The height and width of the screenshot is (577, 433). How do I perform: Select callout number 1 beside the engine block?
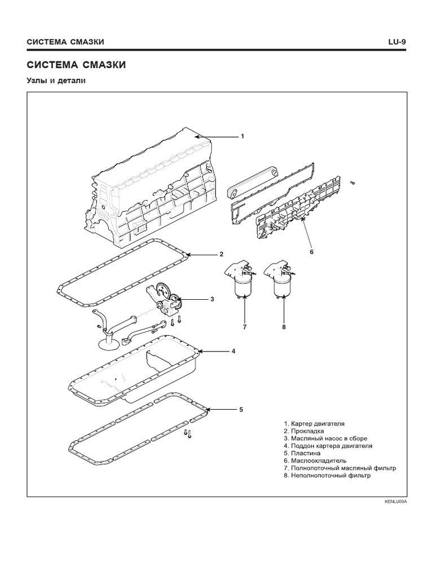coord(242,136)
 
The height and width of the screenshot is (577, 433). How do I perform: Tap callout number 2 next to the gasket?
coord(222,254)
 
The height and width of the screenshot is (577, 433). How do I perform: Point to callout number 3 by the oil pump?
coord(212,299)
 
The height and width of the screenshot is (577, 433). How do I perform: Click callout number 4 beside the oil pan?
coord(233,350)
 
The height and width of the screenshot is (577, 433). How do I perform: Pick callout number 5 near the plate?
coord(241,410)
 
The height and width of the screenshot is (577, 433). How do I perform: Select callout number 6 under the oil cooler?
coord(311,252)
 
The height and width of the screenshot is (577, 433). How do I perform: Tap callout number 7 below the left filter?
coord(245,326)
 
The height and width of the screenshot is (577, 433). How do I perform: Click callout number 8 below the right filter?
coord(284,326)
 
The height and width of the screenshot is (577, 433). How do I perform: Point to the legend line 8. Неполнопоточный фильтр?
coord(328,475)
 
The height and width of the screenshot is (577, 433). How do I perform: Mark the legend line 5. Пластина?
coord(302,453)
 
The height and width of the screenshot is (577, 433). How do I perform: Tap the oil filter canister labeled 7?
coord(244,286)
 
